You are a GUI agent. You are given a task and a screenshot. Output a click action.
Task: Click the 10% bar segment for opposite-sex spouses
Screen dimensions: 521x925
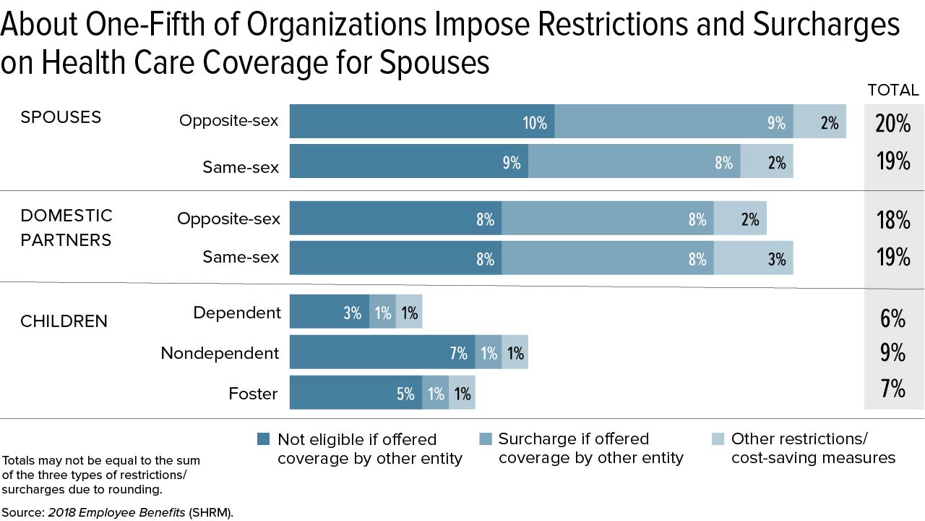pos(422,121)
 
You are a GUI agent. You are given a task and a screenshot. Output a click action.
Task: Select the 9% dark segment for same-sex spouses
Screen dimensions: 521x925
pos(409,161)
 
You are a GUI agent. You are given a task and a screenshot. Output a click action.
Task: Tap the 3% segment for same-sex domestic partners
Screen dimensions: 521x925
pos(754,258)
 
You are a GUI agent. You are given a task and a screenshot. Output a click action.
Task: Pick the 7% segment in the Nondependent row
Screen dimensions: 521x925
pos(382,353)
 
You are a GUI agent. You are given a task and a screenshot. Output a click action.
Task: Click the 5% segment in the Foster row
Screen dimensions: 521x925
pos(356,393)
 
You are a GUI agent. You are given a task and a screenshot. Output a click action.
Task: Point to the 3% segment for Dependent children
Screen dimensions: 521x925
pos(330,313)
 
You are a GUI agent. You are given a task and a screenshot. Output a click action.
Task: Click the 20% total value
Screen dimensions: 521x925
pos(893,123)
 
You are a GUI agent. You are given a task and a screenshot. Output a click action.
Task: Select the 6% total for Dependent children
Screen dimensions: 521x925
pos(893,318)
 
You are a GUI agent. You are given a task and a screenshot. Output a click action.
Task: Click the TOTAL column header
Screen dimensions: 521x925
pos(893,90)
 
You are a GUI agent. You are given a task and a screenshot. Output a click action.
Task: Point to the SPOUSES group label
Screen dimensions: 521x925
pos(61,117)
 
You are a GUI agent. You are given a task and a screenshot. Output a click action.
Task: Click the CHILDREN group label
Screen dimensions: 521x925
pos(64,321)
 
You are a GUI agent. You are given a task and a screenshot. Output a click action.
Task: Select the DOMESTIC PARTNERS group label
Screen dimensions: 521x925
pos(66,227)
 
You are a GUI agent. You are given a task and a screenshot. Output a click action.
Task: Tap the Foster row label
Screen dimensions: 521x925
pos(253,394)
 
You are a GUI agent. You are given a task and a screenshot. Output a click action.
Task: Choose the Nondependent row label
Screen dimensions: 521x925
pos(220,353)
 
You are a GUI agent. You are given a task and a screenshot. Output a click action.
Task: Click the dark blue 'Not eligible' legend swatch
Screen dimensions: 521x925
pos(264,439)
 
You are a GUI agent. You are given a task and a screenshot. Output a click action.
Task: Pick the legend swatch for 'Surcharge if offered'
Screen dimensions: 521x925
pos(486,439)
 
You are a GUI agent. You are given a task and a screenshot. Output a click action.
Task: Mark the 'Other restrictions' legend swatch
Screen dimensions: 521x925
pos(718,439)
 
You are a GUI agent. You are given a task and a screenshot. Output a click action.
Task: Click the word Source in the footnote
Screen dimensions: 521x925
pos(23,512)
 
